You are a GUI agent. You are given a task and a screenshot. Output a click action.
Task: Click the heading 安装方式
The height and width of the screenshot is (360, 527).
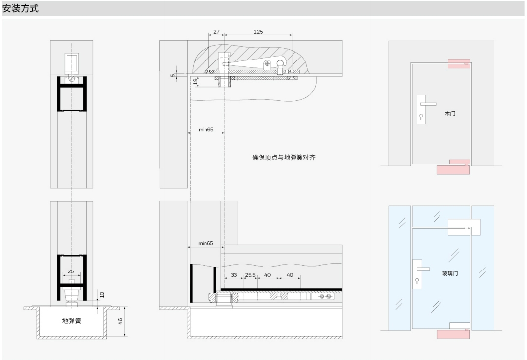pyautogui.click(x=20, y=8)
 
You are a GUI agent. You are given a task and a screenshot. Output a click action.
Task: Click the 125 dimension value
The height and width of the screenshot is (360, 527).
pyautogui.click(x=258, y=32)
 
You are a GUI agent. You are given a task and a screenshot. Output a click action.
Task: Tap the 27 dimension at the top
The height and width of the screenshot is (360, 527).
pyautogui.click(x=216, y=32)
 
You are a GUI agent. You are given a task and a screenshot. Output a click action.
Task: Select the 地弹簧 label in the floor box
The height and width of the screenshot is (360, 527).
pyautogui.click(x=72, y=321)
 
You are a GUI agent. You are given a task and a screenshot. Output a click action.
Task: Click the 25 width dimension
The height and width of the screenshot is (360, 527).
pyautogui.click(x=71, y=271)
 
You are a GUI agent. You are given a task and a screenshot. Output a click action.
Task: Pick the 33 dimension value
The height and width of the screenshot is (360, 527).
pyautogui.click(x=234, y=275)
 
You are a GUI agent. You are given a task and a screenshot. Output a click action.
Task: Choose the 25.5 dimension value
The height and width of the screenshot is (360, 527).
pyautogui.click(x=250, y=275)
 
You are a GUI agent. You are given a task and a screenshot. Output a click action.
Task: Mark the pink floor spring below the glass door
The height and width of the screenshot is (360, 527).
pyautogui.click(x=453, y=334)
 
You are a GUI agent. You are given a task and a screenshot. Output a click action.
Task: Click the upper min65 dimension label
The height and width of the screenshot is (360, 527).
pyautogui.click(x=206, y=130)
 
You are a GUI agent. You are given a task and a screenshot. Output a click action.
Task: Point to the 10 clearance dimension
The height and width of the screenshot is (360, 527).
pyautogui.click(x=102, y=294)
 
